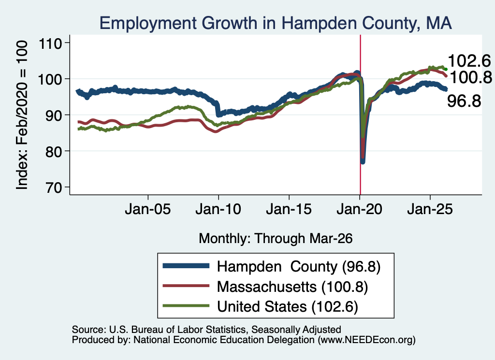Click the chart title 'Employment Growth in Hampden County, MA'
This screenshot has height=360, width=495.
point(276,23)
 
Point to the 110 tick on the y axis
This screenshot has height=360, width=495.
point(50,43)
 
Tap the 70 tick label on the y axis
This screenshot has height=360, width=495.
point(50,187)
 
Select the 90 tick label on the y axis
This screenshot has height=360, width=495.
point(50,115)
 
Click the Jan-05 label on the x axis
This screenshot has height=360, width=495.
point(148,209)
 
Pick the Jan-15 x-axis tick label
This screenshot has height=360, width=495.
point(289,209)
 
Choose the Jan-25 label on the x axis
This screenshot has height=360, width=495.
point(430,209)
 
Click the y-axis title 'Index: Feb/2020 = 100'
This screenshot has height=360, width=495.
point(22,115)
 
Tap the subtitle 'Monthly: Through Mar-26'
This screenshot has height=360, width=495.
point(276,238)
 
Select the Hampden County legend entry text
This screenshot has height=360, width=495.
point(299,267)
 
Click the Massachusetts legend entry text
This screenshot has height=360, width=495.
point(292,287)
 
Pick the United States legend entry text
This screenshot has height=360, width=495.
point(288,307)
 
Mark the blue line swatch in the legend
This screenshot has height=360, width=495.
point(186,266)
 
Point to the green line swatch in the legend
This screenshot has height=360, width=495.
point(186,306)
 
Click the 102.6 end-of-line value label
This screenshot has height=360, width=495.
point(469,60)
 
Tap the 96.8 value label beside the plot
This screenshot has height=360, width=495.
point(464,101)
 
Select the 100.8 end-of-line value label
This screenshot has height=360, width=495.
point(470,77)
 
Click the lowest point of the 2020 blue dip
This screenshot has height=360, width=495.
point(363,161)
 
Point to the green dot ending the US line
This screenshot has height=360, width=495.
point(446,70)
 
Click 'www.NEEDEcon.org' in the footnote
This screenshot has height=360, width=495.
point(366,340)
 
